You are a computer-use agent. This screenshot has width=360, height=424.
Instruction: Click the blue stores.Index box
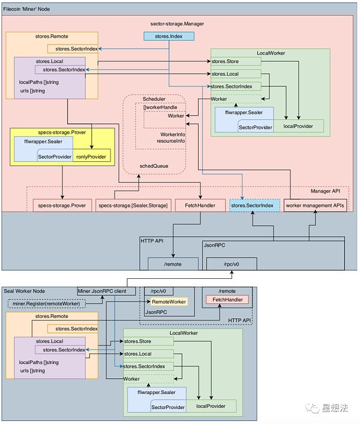coord(169,37)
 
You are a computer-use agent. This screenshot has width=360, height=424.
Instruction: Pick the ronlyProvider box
coord(91,157)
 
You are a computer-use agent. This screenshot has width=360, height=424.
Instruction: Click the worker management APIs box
coord(315,206)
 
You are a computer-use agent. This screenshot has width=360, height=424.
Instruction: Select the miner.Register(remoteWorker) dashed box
coord(47,304)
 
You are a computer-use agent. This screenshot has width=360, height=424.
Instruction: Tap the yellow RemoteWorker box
coord(169,301)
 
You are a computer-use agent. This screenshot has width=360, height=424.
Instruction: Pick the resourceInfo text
coord(170,142)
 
